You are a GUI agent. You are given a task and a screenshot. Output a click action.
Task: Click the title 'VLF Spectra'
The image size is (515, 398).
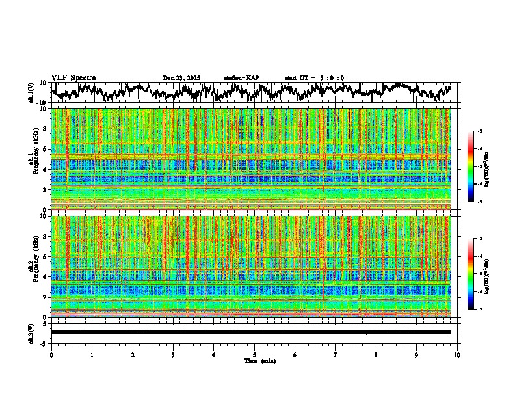[73, 78]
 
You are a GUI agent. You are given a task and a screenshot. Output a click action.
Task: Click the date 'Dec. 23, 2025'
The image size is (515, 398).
[181, 78]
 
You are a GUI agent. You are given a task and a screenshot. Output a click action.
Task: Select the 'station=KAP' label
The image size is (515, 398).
[241, 78]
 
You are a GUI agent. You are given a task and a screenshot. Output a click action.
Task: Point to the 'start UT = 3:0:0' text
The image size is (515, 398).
[314, 78]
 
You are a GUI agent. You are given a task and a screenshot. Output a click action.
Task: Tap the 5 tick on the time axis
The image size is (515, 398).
[254, 355]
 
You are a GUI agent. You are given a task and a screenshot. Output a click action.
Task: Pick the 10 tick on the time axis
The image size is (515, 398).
[457, 355]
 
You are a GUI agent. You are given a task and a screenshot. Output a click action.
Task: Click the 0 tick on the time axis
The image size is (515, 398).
[51, 355]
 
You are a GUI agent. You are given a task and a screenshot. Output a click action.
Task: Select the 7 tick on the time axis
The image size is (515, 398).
[336, 355]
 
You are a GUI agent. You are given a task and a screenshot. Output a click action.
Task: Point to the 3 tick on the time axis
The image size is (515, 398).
[173, 355]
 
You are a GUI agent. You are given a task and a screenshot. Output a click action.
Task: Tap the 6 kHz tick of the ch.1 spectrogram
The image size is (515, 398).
[45, 150]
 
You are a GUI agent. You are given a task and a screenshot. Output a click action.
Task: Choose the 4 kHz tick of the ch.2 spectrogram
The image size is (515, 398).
[45, 277]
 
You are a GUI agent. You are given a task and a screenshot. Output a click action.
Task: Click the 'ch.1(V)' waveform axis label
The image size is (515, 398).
[31, 92]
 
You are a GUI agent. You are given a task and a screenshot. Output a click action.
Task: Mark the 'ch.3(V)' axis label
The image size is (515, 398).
[31, 332]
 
